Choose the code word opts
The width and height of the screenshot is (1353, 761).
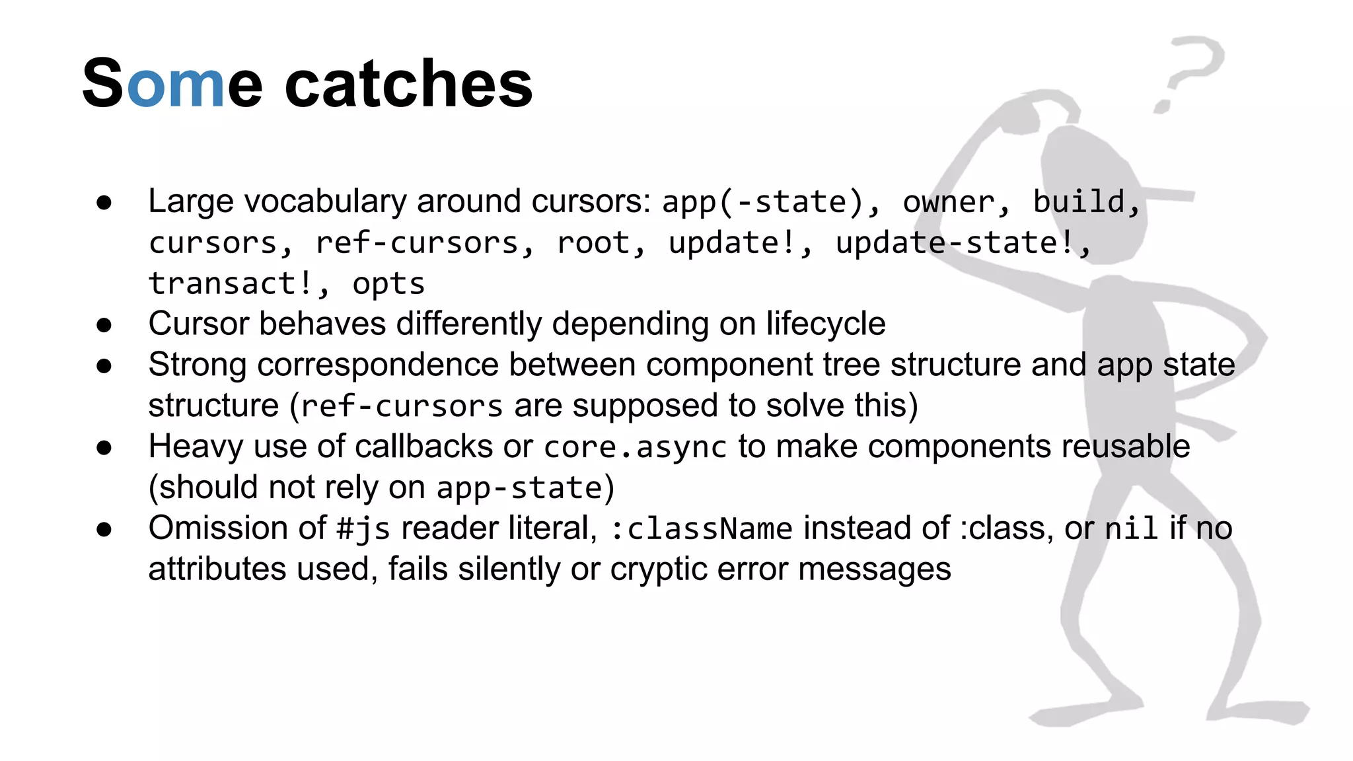coord(388,285)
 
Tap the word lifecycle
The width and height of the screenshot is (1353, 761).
coord(826,324)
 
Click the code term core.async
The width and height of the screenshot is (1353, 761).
coord(635,447)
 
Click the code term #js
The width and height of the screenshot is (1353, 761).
coord(363,529)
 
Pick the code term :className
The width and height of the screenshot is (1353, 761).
coord(701,529)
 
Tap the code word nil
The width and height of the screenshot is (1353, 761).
coord(1131,529)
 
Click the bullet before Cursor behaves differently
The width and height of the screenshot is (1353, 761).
coord(104,325)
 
